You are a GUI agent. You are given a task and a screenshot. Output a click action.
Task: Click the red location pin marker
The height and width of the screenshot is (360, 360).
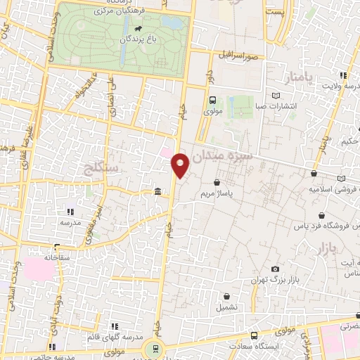coord(181,166)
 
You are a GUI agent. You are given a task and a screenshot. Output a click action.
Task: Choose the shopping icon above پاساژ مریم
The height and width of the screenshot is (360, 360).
coord(225,182)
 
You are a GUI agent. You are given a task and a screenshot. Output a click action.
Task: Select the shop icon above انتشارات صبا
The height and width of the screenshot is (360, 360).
coord(276,96)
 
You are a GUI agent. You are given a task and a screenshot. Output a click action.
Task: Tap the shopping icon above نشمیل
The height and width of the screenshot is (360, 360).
coord(226,297)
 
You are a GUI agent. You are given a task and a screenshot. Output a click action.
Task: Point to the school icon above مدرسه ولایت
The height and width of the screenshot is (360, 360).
coord(343,75)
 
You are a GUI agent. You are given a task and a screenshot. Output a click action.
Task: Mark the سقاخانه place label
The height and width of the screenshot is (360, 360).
coord(55,258)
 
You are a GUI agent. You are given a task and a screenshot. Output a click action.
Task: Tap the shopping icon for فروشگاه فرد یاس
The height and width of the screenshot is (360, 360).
coord(321,216)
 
